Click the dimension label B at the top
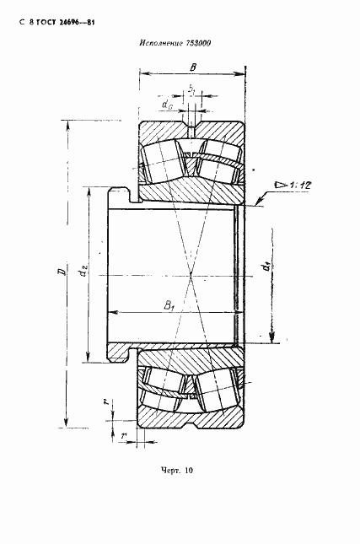coord(193,67)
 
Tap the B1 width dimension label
coord(169,305)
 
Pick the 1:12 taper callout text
coord(299,186)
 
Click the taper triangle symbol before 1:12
coord(280,185)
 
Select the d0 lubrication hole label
coord(167,104)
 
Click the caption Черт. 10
coord(177,471)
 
